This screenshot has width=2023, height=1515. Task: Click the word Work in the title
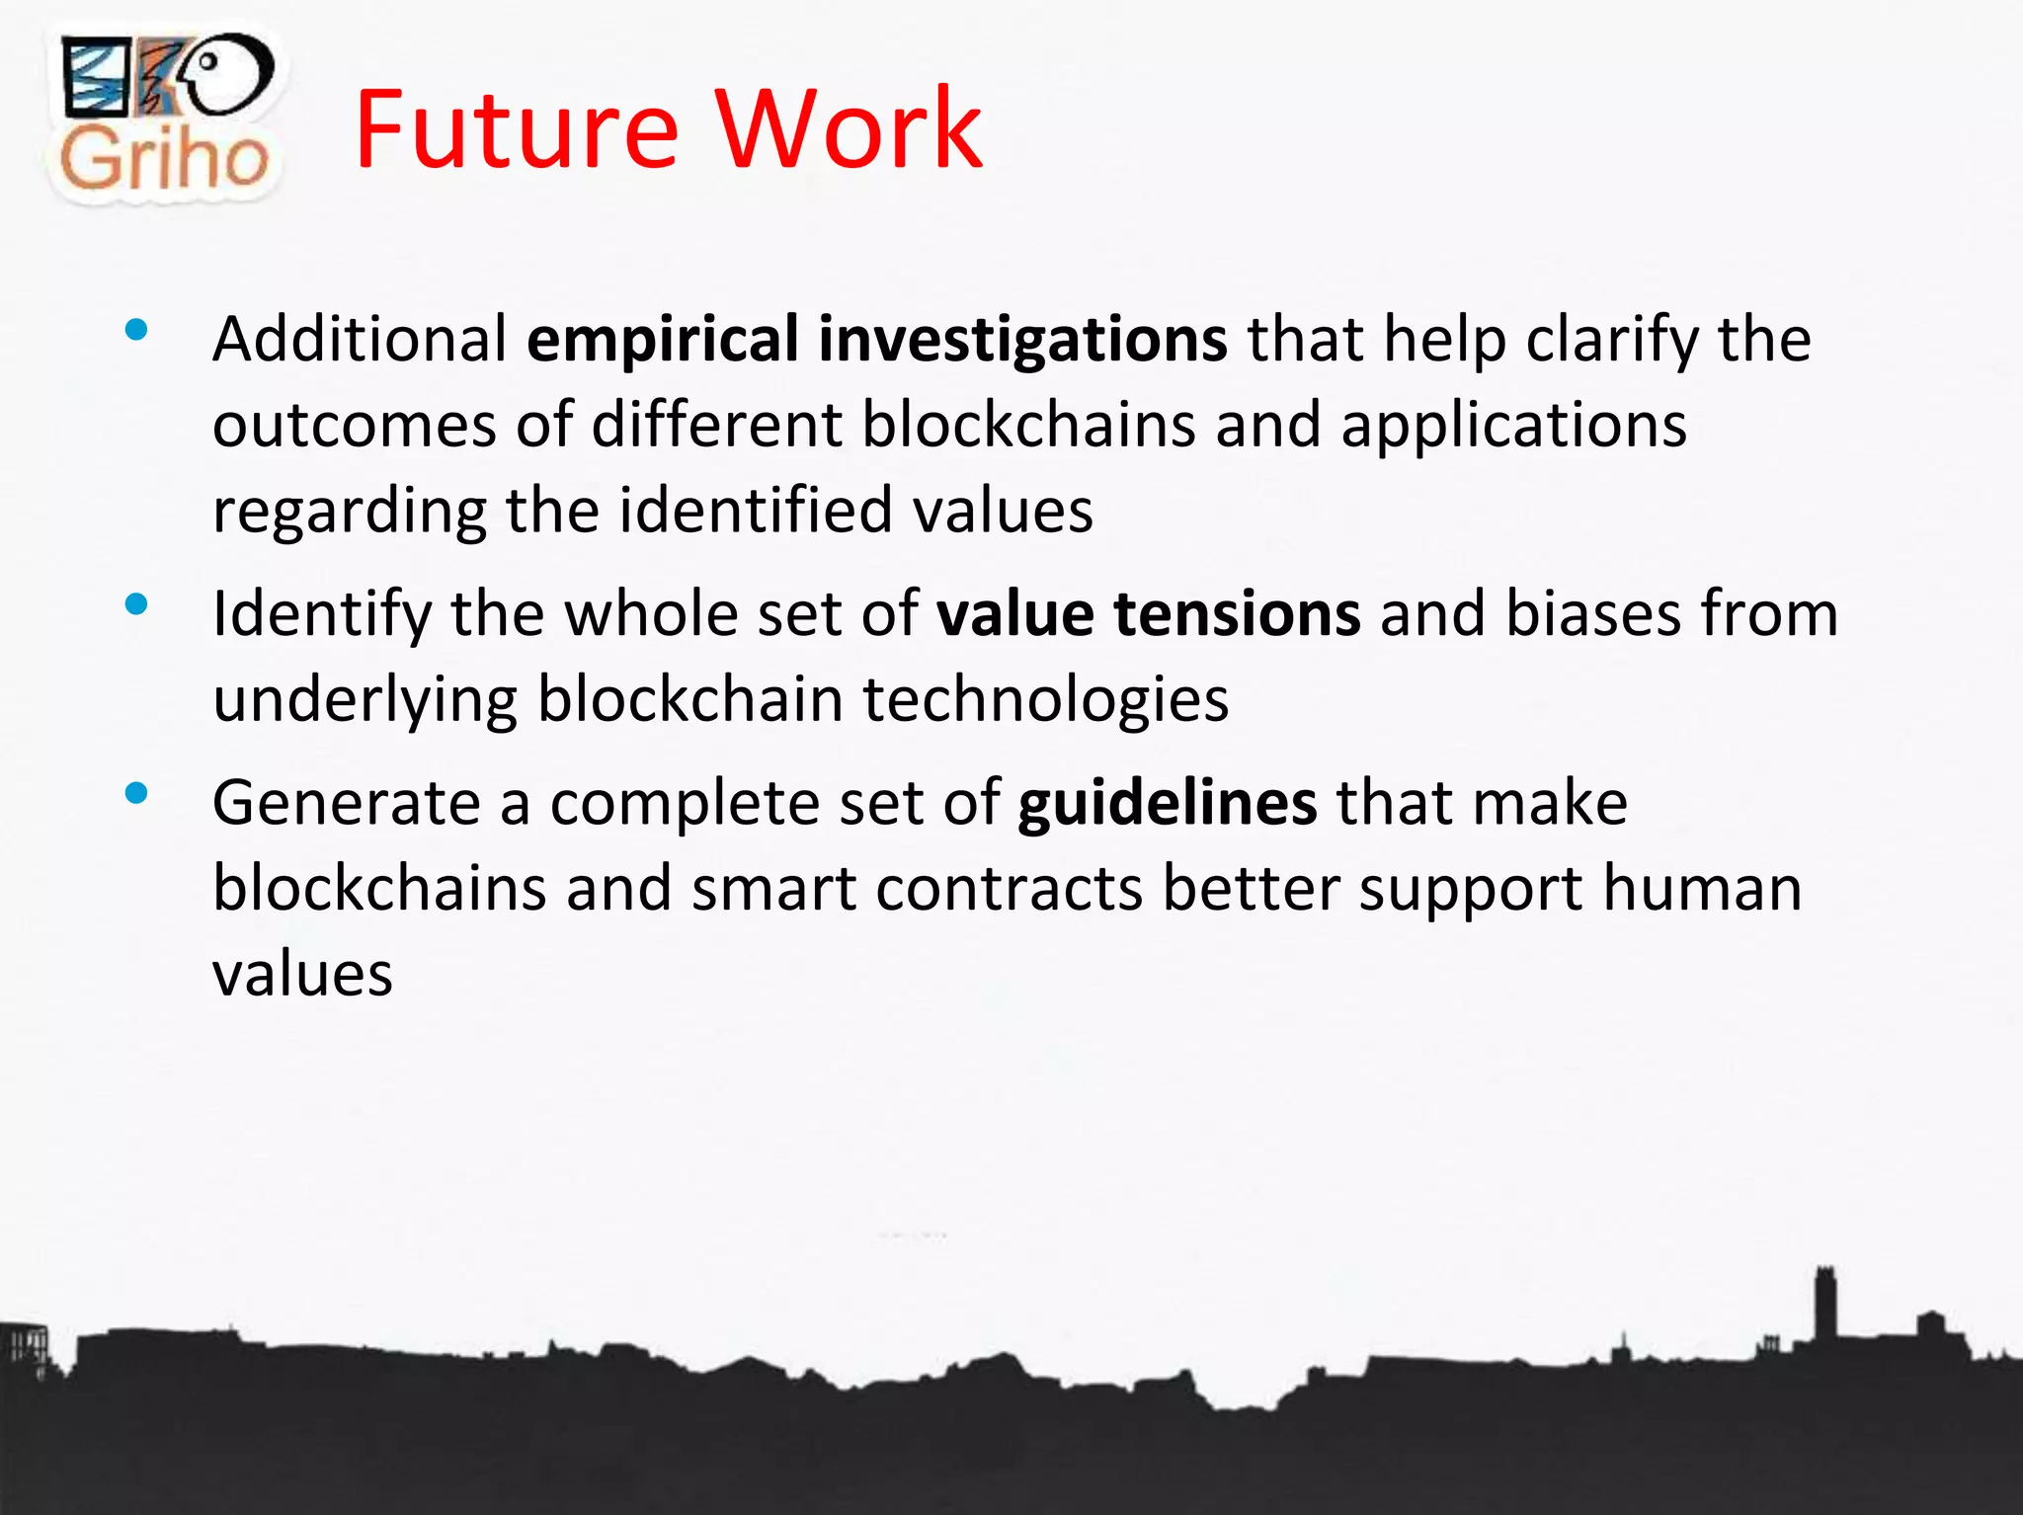click(849, 130)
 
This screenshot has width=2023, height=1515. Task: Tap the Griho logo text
click(164, 158)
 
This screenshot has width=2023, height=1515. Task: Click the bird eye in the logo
click(208, 61)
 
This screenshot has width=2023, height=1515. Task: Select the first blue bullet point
click(136, 330)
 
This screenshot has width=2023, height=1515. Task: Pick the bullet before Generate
click(136, 792)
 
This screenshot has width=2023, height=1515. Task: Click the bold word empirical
click(662, 341)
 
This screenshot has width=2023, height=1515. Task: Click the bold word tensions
click(1237, 613)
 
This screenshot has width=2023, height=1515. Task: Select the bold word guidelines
click(1167, 802)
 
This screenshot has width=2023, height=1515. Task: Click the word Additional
click(360, 339)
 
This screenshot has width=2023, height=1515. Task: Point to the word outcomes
click(354, 427)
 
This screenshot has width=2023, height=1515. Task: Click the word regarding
click(349, 513)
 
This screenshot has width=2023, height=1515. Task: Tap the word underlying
click(364, 701)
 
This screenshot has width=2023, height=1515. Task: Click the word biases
click(1591, 613)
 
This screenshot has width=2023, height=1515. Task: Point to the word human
click(1702, 888)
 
